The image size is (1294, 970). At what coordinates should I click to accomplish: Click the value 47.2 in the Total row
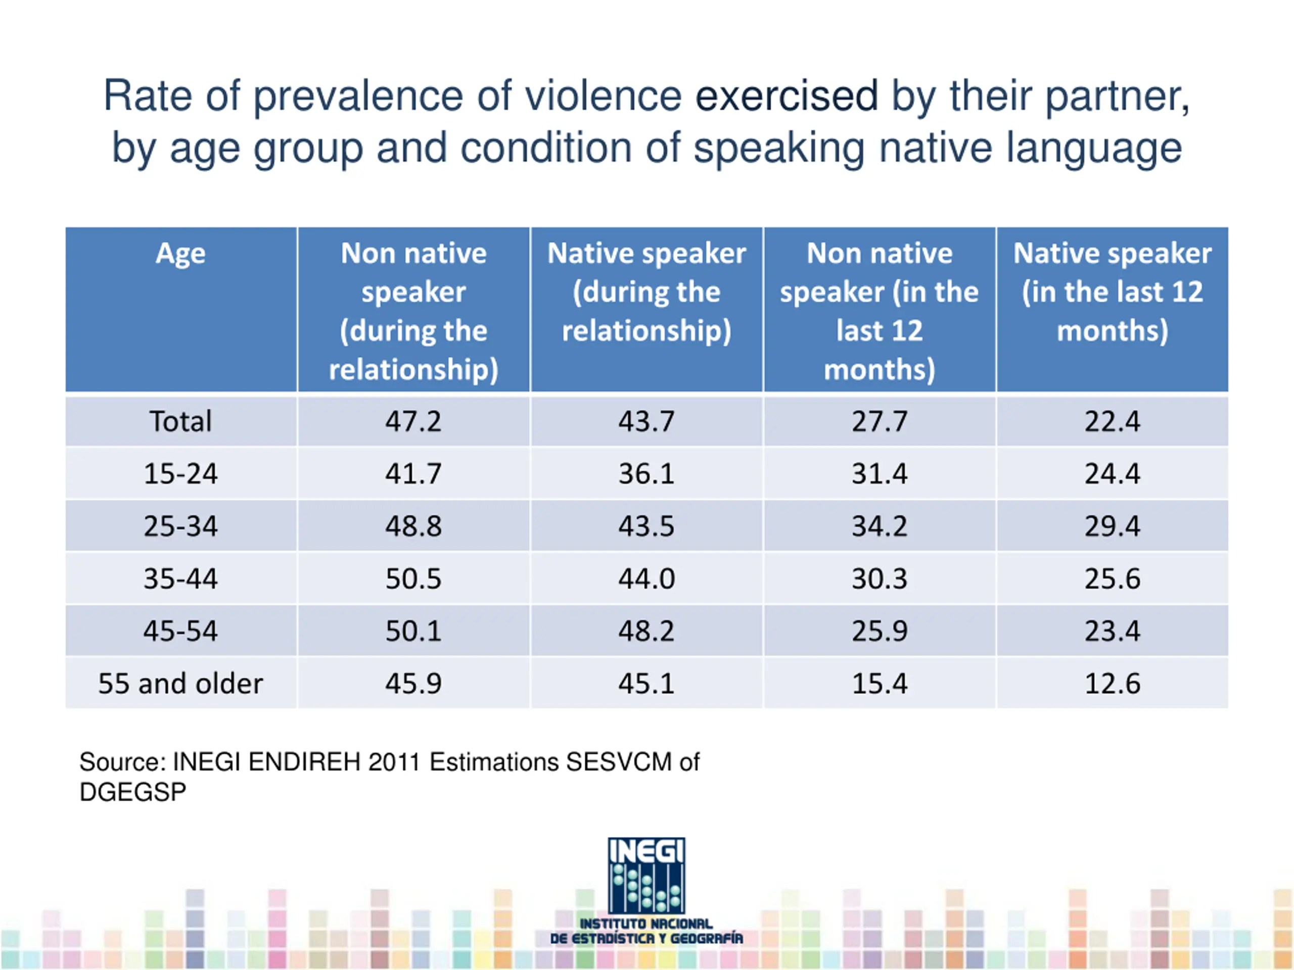click(x=413, y=421)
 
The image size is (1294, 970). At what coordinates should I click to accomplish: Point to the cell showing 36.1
click(x=646, y=473)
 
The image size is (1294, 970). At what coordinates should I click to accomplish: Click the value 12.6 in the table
click(x=1112, y=684)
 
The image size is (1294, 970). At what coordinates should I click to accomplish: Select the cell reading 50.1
click(x=413, y=631)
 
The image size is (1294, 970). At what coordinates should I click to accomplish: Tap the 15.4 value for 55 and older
click(x=879, y=684)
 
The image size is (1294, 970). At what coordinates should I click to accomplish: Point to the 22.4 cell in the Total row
click(x=1112, y=421)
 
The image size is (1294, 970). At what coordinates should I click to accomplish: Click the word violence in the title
click(x=603, y=96)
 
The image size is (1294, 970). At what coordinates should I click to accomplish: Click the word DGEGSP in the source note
click(x=133, y=792)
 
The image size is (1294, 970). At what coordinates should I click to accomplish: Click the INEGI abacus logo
click(x=646, y=876)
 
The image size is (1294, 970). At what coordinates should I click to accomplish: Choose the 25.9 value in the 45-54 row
click(x=879, y=631)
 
